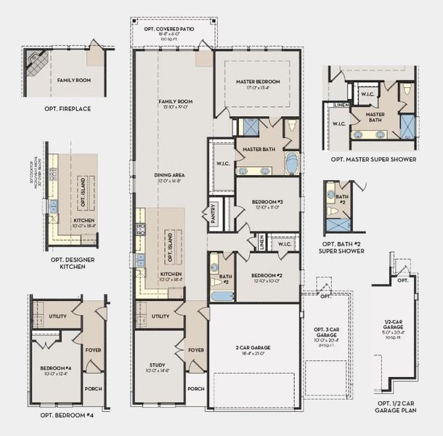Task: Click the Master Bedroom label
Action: tap(258, 82)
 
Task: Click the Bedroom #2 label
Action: tap(265, 276)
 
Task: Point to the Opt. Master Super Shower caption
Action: tap(373, 159)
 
